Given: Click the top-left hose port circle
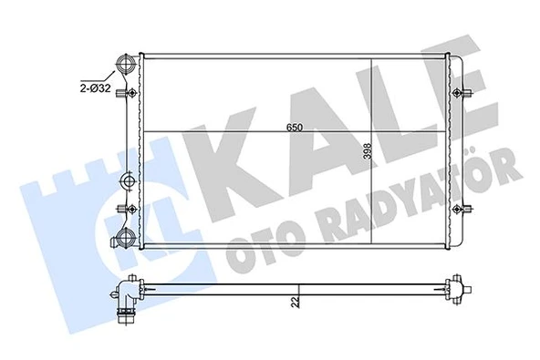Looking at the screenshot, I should coord(125,67).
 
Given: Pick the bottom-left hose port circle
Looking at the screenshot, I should coord(125,241).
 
